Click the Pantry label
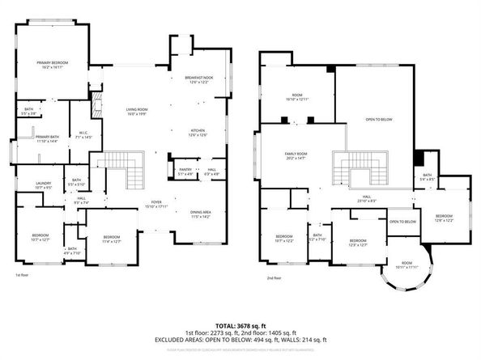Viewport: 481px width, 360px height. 185,172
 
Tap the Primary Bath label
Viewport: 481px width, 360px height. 47,139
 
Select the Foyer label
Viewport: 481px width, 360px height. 155,204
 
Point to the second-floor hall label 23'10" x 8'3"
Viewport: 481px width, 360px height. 366,199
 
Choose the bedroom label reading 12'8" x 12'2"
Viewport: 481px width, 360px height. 443,218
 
